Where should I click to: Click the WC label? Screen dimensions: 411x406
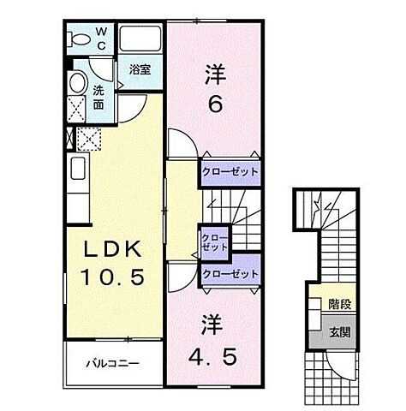(100, 39)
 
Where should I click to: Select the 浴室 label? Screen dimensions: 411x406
(141, 70)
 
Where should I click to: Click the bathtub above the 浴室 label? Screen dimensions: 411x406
(140, 39)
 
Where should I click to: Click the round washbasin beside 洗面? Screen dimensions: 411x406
(77, 83)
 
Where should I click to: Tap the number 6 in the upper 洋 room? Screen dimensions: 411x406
(213, 104)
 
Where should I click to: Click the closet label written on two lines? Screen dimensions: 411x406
(214, 241)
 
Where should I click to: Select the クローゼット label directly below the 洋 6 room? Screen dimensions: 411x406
(229, 171)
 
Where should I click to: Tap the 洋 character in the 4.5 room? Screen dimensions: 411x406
(213, 326)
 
